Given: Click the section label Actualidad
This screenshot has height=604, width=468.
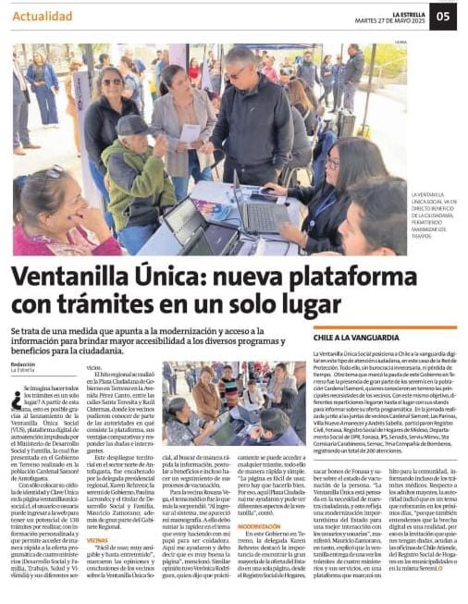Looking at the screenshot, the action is coord(43,17).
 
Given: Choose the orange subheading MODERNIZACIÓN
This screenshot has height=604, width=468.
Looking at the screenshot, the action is coord(258,525).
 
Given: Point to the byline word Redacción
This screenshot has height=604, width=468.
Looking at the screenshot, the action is coord(23,364).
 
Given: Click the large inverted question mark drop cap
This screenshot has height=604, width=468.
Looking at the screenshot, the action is coord(17,399).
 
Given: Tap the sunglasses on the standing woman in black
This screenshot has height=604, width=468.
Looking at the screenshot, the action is coord(111,82).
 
